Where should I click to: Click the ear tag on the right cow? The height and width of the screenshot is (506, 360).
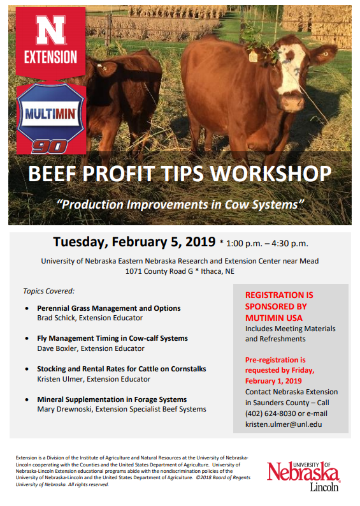pyautogui.click(x=253, y=56)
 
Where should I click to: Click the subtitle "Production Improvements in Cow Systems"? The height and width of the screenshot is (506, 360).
pyautogui.click(x=180, y=204)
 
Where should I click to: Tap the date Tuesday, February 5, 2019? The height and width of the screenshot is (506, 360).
pyautogui.click(x=134, y=242)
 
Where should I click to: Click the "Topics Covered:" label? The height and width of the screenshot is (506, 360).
pyautogui.click(x=49, y=291)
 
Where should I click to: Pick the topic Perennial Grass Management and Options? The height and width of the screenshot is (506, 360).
pyautogui.click(x=108, y=308)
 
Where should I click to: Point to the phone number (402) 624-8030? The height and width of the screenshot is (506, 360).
pyautogui.click(x=273, y=413)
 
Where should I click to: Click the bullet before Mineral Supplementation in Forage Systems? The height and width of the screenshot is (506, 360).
pyautogui.click(x=26, y=400)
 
